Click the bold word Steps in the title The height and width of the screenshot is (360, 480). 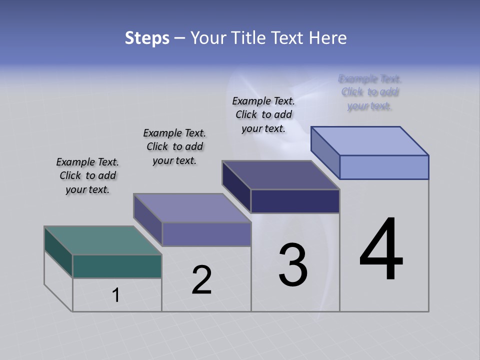147,38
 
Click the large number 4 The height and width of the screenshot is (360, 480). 381,249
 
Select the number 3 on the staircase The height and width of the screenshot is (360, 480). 292,265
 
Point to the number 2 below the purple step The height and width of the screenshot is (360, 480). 201,280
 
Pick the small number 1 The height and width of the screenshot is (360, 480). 116,295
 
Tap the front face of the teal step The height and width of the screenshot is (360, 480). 117,266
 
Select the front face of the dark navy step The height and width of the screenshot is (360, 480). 295,201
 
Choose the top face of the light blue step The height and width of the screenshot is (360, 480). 370,140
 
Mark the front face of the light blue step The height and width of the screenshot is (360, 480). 384,167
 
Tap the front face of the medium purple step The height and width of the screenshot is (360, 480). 206,234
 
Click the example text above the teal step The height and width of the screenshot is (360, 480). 87,175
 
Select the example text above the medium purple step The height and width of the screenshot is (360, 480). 174,146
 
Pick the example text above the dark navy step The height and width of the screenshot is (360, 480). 263,114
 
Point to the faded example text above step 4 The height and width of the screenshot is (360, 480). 369,92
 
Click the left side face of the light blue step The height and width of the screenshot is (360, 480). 325,152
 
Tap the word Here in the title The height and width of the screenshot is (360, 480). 329,38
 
